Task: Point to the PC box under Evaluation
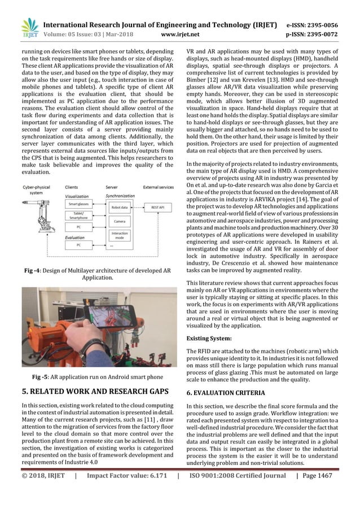coord(79,245)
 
